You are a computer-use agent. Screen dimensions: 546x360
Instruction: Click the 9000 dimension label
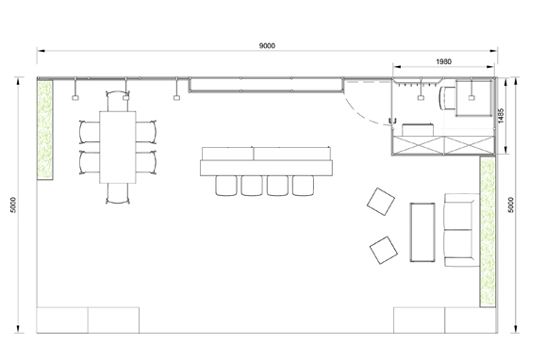point(267,46)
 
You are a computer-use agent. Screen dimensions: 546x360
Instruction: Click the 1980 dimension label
point(443,61)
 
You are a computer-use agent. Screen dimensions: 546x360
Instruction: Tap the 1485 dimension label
point(501,116)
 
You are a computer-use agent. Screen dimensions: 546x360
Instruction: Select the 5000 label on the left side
point(13,205)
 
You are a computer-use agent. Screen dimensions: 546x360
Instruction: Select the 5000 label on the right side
point(511,205)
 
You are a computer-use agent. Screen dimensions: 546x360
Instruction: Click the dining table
point(118,147)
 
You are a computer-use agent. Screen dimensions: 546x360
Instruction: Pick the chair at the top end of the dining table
point(118,101)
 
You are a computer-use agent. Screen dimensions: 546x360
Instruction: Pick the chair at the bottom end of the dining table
point(118,193)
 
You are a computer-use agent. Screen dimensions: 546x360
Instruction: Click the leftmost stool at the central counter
point(226,186)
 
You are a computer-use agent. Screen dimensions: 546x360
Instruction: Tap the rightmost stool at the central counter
point(303,186)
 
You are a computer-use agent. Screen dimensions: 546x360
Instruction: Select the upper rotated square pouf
point(381,202)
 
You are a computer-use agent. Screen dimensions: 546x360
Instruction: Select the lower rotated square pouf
point(384,250)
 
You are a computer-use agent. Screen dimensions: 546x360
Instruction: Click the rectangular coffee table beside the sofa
point(422,232)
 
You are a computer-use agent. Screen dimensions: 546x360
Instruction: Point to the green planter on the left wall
point(45,130)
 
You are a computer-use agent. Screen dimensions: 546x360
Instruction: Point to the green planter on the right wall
point(488,232)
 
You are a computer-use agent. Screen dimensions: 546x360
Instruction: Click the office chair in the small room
point(447,98)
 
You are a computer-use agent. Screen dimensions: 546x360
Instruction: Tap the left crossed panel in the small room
point(418,145)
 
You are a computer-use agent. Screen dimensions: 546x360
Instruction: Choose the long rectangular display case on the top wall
point(266,85)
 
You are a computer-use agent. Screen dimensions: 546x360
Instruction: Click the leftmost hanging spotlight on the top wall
point(75,98)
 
